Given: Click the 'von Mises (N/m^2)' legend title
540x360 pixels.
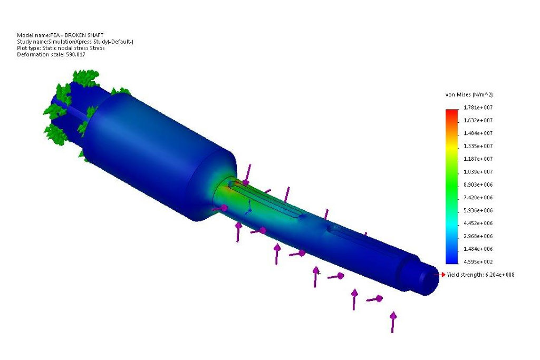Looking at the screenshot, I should point(469,94).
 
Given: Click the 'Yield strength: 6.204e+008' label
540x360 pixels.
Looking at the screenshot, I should point(480,275).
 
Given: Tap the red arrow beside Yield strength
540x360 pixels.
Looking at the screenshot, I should point(442,275).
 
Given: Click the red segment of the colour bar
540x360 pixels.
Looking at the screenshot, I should point(452,112).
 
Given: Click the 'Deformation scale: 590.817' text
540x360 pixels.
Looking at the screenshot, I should point(51,54).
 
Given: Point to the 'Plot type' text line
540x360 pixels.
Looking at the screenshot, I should point(61,48).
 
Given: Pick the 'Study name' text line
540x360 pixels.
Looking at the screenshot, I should point(75,42).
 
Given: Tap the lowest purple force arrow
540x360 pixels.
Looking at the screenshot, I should point(392,322).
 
